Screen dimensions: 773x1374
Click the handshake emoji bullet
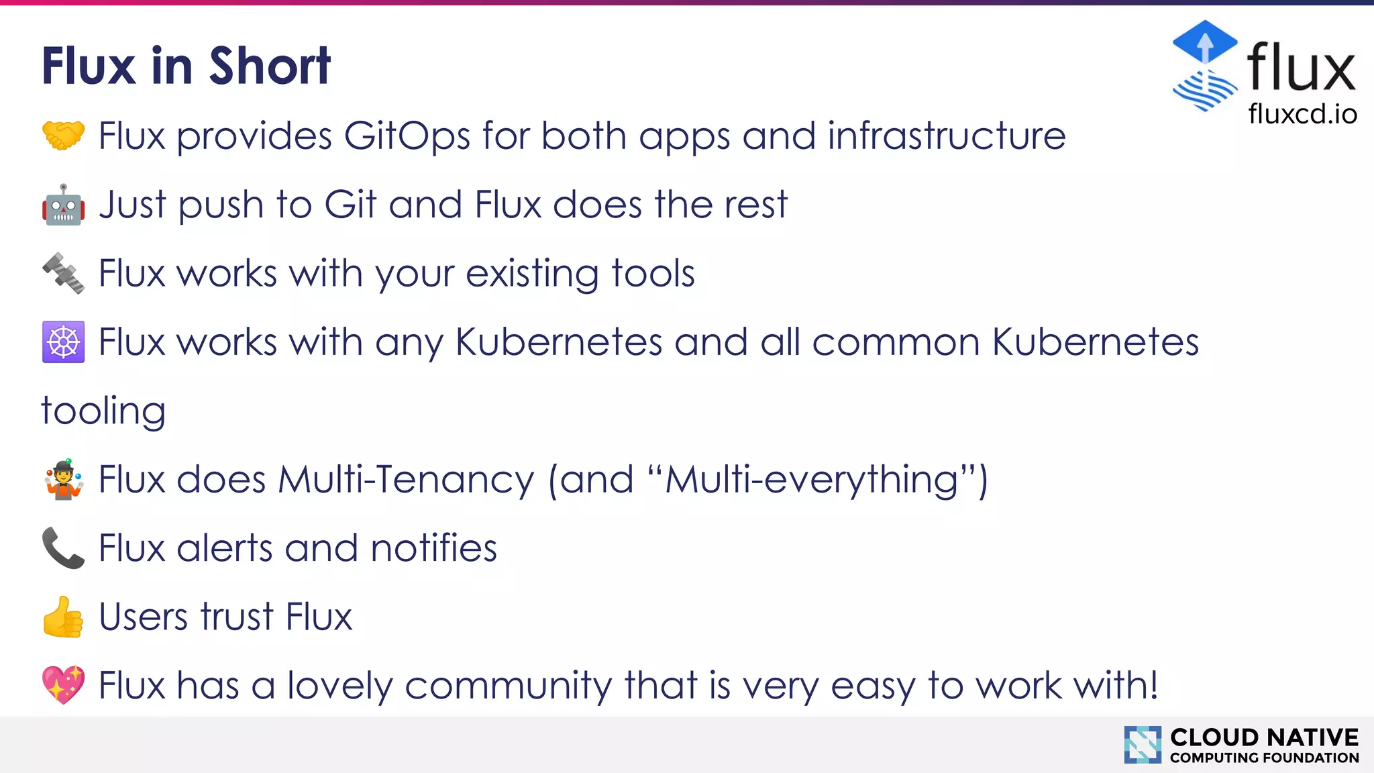tap(63, 136)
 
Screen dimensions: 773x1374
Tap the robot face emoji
tap(63, 205)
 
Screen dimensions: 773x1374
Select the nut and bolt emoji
tap(63, 273)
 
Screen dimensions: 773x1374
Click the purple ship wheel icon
tap(63, 342)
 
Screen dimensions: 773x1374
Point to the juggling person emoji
tap(63, 479)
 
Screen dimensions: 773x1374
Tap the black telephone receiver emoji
tap(63, 548)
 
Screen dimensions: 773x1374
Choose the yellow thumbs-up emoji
tap(63, 617)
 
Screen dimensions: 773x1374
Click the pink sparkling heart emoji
tap(63, 685)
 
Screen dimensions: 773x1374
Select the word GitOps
tap(407, 136)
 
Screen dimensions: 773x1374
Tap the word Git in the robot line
tap(350, 205)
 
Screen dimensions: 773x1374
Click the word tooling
tap(103, 411)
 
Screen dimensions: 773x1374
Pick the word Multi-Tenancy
tap(407, 480)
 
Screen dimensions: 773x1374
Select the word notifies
tap(433, 548)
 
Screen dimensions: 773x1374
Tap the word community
tap(508, 686)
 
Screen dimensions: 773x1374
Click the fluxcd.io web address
tap(1302, 114)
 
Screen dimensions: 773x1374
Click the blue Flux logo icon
tap(1205, 66)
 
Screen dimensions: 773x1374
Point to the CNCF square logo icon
tap(1143, 744)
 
